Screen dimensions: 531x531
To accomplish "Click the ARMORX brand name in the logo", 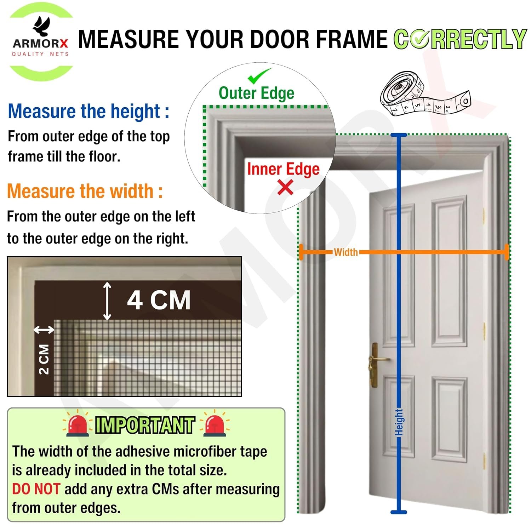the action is point(40,44).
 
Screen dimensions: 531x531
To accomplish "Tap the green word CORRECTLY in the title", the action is point(460,39).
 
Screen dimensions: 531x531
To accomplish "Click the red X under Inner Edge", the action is point(285,187).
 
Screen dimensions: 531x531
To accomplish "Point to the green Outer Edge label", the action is point(256,93).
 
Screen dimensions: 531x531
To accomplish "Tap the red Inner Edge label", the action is point(283,169).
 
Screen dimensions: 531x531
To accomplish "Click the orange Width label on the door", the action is point(346,252).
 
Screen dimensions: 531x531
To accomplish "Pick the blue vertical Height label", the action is point(399,422).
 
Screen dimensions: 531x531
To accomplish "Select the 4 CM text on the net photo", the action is point(159,300).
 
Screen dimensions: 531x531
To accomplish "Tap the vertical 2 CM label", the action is point(44,359).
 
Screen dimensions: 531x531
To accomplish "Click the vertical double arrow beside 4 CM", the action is point(107,301).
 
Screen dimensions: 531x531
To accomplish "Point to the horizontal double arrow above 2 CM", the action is point(44,330).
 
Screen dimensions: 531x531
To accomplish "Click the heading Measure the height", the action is point(88,111).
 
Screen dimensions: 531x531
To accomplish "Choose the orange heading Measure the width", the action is point(85,191).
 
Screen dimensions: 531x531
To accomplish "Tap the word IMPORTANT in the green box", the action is point(145,425).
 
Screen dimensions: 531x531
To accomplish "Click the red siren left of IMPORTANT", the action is point(77,423).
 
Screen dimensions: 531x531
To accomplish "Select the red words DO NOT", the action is point(36,489).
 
